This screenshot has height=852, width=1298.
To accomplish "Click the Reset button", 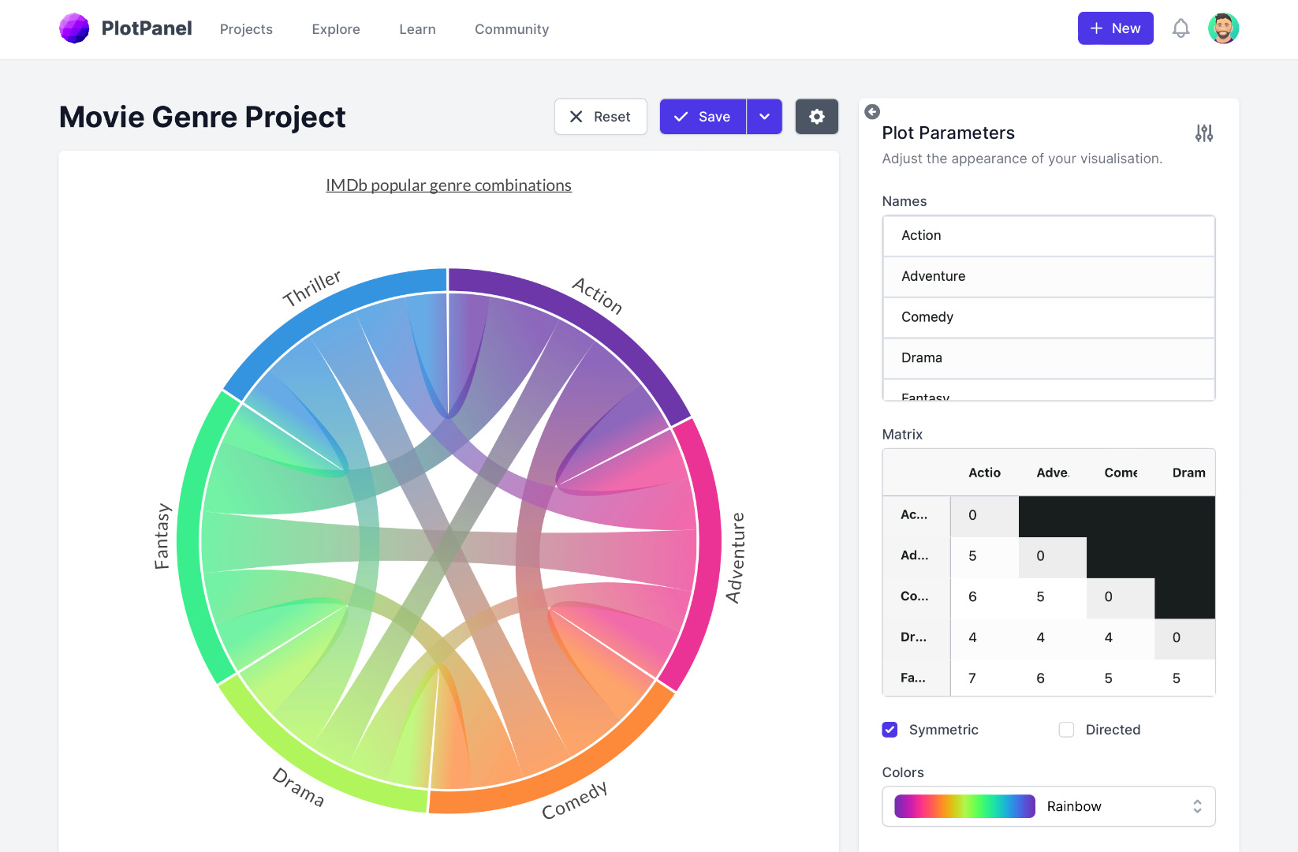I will pos(600,117).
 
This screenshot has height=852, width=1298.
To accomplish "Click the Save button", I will pos(703,117).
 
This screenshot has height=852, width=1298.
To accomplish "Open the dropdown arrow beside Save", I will pos(764,117).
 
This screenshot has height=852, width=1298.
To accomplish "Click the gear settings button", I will pos(816,117).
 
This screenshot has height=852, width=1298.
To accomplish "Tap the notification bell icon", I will pos(1181,28).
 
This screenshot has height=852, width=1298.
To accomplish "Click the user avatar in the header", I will pos(1223,28).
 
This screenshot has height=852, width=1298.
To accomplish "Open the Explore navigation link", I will pos(336,29).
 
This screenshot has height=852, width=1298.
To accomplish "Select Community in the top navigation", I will pos(512,29).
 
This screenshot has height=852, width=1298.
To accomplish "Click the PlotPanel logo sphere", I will pos(74,28).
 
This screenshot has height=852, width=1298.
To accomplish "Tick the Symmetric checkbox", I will pos(890,730).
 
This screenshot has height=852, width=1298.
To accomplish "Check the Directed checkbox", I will pos(1066,730).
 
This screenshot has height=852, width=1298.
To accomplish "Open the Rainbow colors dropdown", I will pos(1048,806).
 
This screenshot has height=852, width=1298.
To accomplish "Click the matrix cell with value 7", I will pos(972,678).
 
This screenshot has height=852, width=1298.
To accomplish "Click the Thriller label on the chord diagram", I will pos(311,288).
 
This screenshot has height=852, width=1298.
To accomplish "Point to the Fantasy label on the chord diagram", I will pos(162,536).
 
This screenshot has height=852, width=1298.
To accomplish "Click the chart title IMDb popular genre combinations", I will pos(449,185).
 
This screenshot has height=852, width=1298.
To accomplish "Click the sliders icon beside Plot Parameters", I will pos(1203,133).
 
